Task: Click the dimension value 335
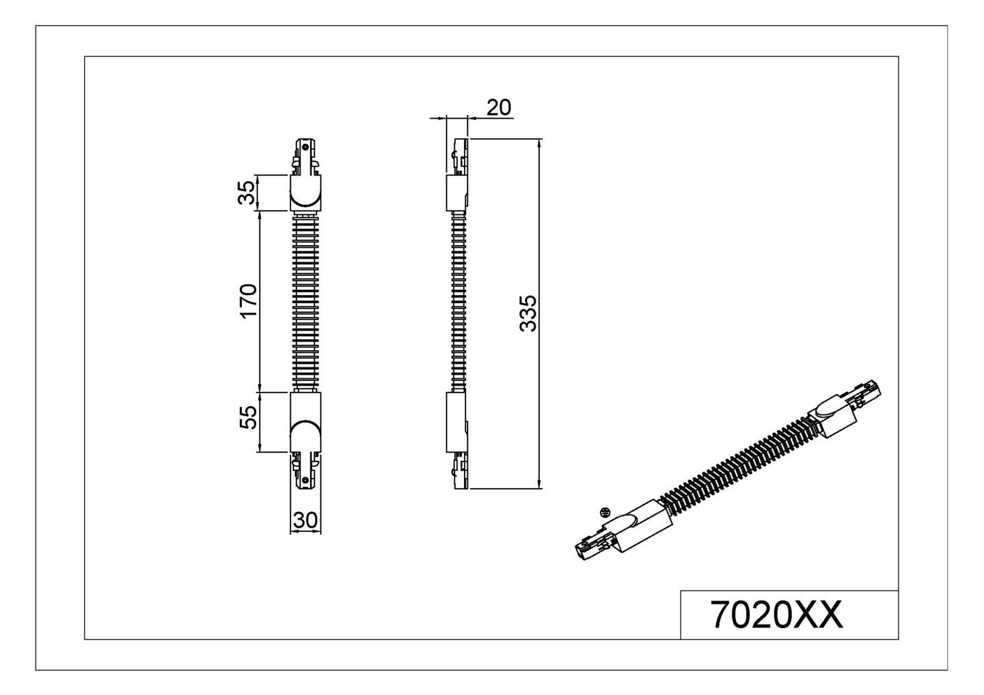point(528,313)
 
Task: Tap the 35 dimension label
point(247,193)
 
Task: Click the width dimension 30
point(305,520)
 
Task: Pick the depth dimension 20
point(499,107)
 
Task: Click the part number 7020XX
point(777,614)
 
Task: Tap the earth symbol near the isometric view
point(603,511)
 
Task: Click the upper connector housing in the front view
point(305,193)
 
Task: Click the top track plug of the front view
point(305,156)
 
